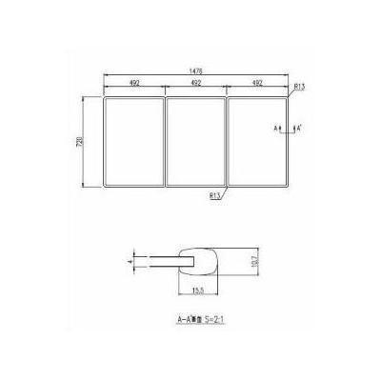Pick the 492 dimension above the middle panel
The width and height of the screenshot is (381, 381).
195,85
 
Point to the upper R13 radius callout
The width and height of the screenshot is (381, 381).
298,87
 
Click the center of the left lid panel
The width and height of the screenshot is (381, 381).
132,141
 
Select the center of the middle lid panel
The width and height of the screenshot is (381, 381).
195,141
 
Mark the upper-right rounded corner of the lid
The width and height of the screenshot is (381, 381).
287,97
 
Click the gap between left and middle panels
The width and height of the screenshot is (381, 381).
164,141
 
